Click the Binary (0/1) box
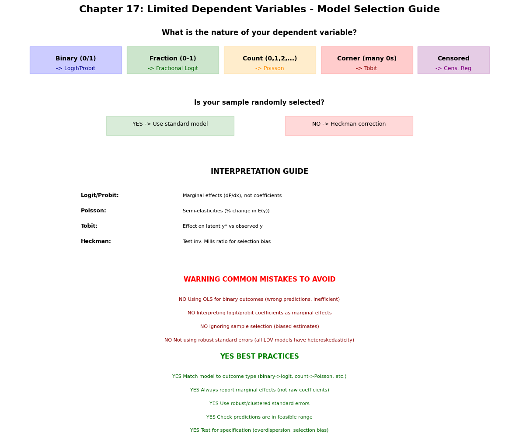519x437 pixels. (76, 60)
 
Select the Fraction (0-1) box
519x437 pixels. (173, 60)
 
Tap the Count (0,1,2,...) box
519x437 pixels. (270, 60)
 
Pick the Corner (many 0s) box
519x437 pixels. (367, 60)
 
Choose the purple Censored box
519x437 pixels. (453, 60)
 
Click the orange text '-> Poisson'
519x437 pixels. (270, 68)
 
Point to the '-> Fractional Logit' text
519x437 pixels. (173, 68)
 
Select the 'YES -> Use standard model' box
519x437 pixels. (170, 126)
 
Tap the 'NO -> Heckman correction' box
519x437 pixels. (349, 126)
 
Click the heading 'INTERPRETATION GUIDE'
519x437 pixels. (260, 171)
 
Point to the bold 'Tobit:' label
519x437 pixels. (89, 226)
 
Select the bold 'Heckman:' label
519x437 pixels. (96, 241)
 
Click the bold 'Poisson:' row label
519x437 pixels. (93, 211)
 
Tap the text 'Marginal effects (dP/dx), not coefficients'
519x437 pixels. (232, 196)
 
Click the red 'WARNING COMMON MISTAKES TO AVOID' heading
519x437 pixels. (260, 279)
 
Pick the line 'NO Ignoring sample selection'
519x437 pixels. (260, 327)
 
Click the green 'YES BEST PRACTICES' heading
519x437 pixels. (260, 356)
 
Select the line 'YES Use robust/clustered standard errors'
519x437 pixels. (260, 404)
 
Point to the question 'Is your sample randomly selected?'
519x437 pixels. (259, 102)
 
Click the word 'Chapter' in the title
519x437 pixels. (101, 9)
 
